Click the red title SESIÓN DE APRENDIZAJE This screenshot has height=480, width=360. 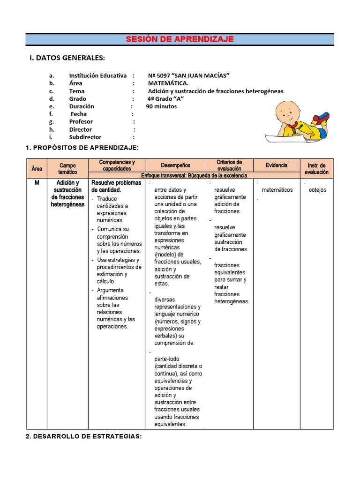[x=180, y=39]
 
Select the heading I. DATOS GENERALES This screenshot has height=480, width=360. [x=67, y=58]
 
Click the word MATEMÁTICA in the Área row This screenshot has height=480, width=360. [x=168, y=83]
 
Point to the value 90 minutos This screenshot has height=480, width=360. [x=161, y=106]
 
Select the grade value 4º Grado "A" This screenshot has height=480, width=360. [x=165, y=99]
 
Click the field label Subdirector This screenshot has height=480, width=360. [x=85, y=137]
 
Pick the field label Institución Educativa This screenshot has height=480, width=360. [x=97, y=75]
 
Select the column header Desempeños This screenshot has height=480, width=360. [x=176, y=165]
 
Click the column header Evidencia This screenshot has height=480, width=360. [x=277, y=165]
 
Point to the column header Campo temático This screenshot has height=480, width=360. [x=67, y=169]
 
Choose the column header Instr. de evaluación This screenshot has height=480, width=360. [x=317, y=169]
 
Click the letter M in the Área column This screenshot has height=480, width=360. [x=37, y=183]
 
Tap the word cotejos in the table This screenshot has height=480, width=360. [x=318, y=190]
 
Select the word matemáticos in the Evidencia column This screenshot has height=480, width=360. [x=277, y=190]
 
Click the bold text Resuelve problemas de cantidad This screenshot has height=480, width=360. [x=116, y=186]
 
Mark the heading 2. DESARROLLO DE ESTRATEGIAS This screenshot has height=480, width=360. [x=83, y=436]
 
